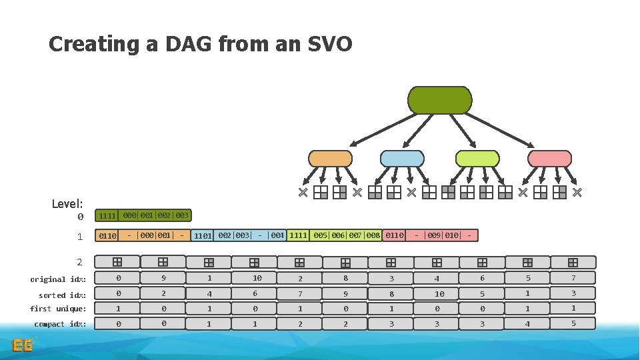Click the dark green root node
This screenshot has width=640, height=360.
439,100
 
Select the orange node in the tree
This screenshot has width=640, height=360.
329,159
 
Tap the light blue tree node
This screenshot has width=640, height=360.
401,159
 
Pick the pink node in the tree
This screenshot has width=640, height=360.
549,159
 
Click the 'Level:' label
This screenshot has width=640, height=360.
67,203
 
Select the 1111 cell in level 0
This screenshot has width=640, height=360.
107,216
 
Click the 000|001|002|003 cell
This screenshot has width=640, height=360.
156,215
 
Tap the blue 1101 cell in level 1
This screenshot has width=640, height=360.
203,235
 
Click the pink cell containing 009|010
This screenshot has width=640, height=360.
443,235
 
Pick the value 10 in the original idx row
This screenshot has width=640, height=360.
257,278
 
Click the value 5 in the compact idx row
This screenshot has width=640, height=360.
573,323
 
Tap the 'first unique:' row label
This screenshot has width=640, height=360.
58,309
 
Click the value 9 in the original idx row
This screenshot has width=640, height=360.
163,278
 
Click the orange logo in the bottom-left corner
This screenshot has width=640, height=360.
23,344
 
